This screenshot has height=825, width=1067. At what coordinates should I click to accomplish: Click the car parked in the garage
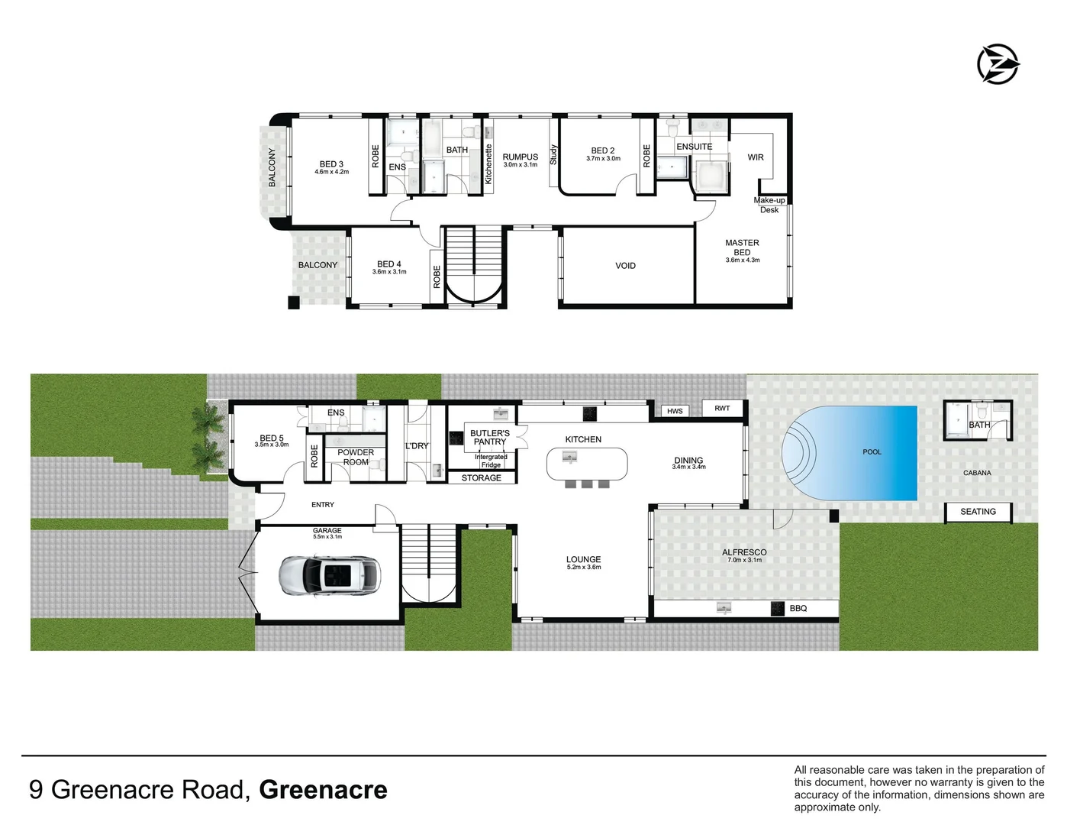[x=330, y=575]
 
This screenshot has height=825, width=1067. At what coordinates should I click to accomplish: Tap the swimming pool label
[x=872, y=452]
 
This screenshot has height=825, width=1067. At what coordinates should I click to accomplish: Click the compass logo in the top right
[x=998, y=64]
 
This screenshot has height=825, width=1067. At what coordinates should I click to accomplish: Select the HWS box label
[x=675, y=411]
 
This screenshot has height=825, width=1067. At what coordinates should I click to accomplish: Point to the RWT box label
[x=722, y=409]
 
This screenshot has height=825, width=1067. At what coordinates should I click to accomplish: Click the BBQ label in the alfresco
[x=798, y=609]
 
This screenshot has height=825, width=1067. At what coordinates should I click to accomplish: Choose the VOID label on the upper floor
[x=625, y=266]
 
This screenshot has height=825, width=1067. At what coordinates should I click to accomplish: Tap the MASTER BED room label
[x=742, y=247]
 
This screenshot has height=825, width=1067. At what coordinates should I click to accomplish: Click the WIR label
[x=756, y=157]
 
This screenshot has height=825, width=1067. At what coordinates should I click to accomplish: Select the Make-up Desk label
[x=769, y=205]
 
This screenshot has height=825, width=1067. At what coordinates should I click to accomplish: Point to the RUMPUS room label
[x=521, y=157]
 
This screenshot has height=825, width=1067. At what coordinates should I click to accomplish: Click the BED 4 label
[x=389, y=264]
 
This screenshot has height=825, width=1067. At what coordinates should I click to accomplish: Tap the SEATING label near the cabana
[x=978, y=512]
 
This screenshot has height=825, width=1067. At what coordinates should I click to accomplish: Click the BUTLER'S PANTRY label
[x=490, y=438]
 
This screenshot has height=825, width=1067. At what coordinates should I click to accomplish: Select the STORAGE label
[x=482, y=478]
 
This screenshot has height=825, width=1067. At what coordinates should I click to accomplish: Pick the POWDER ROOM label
[x=356, y=457]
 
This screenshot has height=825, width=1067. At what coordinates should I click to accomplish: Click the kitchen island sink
[x=569, y=457]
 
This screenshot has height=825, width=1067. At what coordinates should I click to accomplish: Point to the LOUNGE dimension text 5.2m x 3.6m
[x=584, y=568]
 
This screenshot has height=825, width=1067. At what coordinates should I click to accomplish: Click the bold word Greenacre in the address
[x=323, y=790]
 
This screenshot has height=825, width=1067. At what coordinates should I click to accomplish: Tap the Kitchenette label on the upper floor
[x=488, y=164]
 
